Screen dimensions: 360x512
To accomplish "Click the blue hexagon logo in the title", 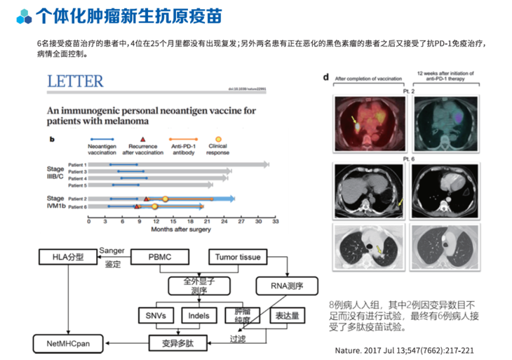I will point(24,15).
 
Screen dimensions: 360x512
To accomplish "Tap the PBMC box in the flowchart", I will point(159,258).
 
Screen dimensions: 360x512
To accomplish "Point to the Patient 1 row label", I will point(78,164).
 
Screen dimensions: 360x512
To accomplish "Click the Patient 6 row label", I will point(78,207).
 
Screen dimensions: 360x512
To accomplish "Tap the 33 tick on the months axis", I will point(276,220).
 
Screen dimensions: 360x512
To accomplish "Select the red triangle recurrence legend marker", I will point(143,140).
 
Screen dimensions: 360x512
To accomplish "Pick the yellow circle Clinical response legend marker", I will point(218,140).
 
